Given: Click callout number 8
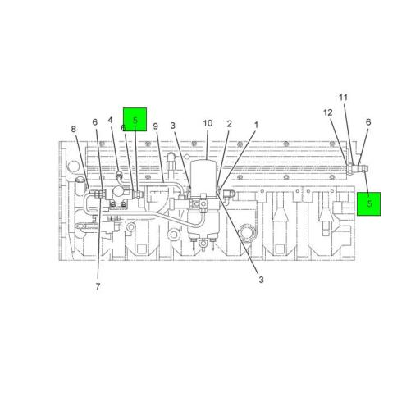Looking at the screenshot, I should [73, 130].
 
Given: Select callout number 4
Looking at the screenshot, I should [111, 121].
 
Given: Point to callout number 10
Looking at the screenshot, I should [208, 123].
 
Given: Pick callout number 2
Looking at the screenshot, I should [229, 124].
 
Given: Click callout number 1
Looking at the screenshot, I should [256, 125].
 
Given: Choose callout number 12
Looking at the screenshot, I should [328, 112].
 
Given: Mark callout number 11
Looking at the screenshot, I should [344, 98].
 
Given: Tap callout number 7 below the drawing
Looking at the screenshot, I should [98, 286].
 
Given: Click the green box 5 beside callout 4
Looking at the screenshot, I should [135, 120].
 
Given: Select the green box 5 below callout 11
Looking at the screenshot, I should [368, 203].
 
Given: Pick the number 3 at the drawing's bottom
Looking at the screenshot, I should [261, 280].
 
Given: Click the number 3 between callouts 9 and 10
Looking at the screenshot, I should [173, 125].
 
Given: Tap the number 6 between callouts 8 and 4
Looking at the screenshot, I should [95, 122].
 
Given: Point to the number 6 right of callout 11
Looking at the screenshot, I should [368, 122].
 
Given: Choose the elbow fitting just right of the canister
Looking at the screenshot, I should [230, 193].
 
